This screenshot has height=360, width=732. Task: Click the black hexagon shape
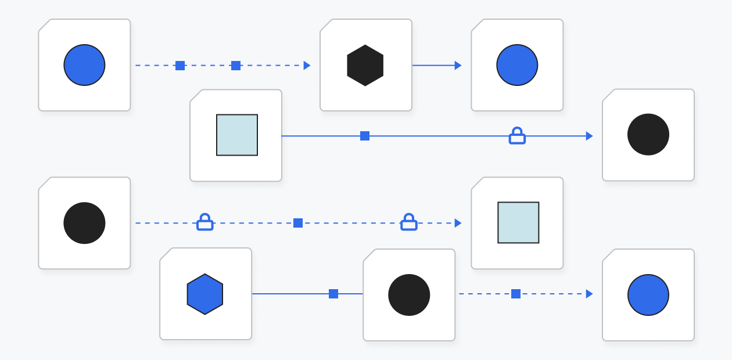pos(365,65)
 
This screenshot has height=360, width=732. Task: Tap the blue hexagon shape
pos(205,294)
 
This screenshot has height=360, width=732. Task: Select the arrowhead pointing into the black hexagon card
pos(307,65)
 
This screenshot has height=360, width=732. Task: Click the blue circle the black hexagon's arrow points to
pos(517,65)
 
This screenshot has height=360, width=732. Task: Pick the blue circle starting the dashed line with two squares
pos(84,65)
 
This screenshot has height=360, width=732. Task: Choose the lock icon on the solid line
pos(517,136)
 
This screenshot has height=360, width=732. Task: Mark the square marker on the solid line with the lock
pos(365,136)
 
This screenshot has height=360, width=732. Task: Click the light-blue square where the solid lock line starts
pos(237,135)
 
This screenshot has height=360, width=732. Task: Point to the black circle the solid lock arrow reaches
pos(648,135)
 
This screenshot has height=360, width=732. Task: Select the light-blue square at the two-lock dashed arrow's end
pos(518,222)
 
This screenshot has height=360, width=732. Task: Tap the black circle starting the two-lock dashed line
pos(84,223)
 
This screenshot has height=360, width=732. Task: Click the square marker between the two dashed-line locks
pos(298,223)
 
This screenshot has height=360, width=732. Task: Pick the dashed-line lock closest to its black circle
pos(204,222)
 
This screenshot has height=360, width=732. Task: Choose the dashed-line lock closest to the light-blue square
pos(409,222)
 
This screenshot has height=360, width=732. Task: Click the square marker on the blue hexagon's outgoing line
pos(333,294)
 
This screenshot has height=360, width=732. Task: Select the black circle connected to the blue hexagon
pos(409,295)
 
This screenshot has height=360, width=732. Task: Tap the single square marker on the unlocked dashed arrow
pos(516,294)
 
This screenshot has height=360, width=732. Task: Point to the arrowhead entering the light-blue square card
pos(458,223)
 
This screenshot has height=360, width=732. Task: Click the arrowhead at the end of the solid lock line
pos(589,136)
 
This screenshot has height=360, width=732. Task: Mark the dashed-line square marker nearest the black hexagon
pos(236,65)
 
